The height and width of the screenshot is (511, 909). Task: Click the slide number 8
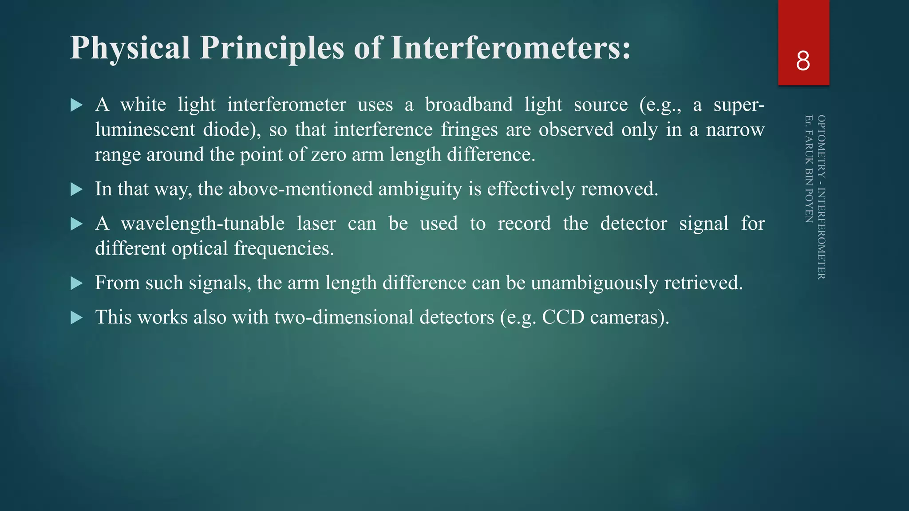803,61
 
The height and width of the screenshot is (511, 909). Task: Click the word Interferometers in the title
510,47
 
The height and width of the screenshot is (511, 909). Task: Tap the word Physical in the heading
130,47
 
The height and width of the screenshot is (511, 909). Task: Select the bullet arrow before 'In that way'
77,190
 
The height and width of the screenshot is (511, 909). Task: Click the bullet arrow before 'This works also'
77,318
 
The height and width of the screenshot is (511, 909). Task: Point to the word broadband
469,105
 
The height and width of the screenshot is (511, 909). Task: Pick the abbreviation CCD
563,318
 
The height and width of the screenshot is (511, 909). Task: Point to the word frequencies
284,248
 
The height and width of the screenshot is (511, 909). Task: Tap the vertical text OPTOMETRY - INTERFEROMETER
822,197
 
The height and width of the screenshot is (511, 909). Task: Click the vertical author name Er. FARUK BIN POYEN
809,169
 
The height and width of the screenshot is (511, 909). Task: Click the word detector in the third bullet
633,224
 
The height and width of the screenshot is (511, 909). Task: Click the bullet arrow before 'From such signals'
77,283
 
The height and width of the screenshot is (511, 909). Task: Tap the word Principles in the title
272,47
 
